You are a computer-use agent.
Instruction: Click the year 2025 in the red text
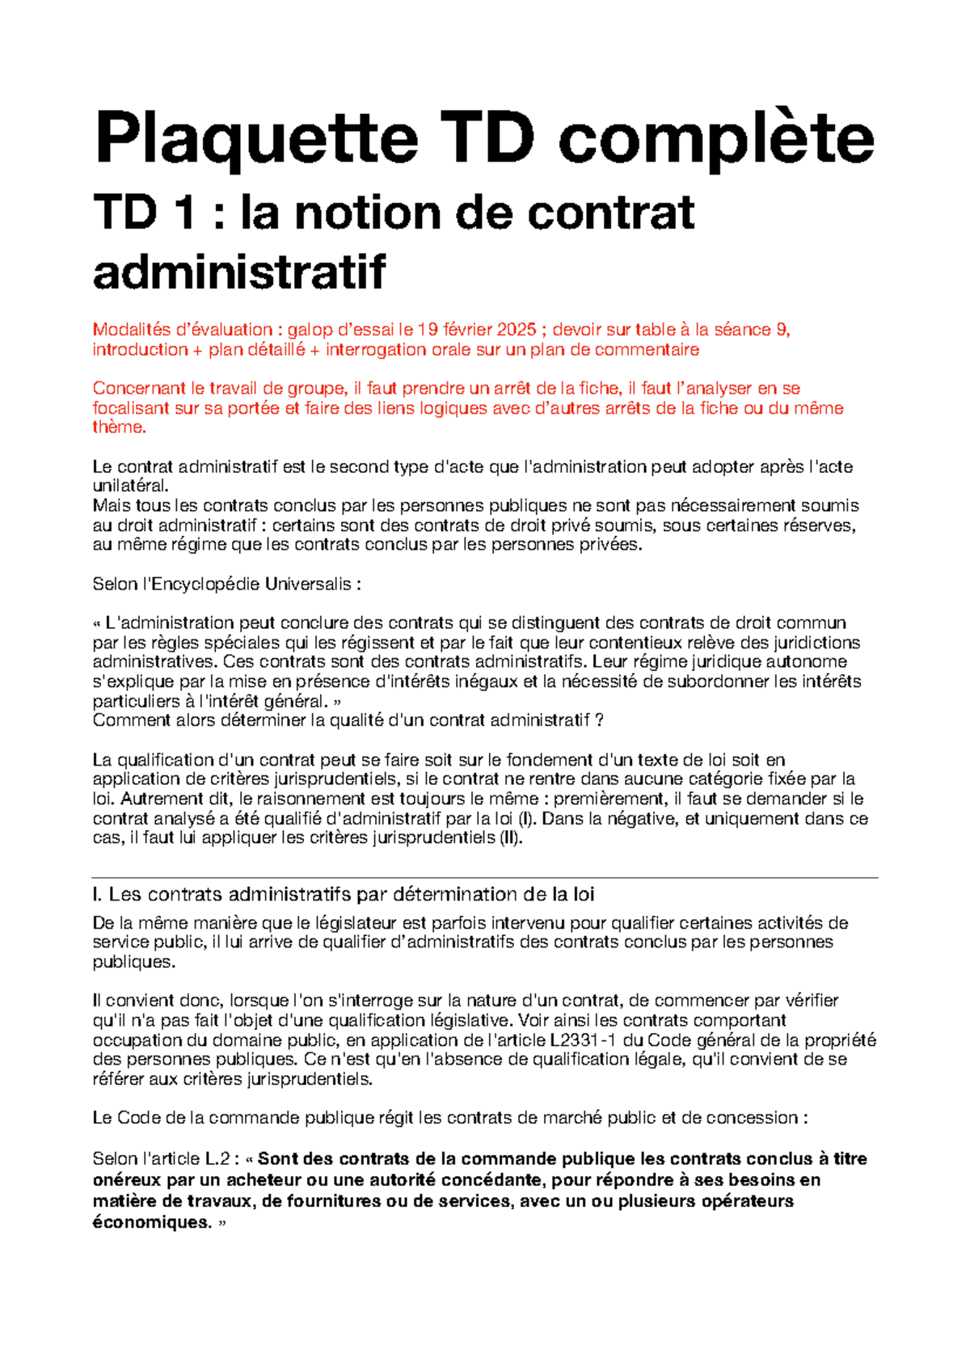[516, 330]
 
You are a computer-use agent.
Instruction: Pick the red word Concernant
[138, 389]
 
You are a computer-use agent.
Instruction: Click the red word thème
[119, 428]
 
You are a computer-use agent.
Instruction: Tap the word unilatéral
[130, 486]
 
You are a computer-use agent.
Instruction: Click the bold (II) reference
[509, 837]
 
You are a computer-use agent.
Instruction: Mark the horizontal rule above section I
[485, 877]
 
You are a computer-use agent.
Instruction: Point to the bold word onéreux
[129, 1180]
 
